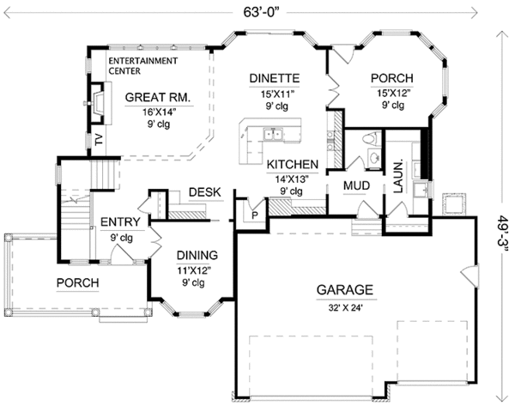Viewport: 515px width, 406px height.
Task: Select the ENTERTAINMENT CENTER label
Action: [x=142, y=66]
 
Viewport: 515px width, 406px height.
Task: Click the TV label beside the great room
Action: [x=98, y=141]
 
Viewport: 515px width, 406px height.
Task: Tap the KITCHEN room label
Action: [x=293, y=164]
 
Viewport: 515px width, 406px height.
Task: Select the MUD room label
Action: [x=356, y=185]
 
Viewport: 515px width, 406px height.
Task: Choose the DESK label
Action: [x=205, y=192]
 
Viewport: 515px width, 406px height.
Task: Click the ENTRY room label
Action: [x=120, y=221]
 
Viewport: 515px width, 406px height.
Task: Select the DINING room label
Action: [x=197, y=255]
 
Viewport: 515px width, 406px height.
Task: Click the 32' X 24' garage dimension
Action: [x=347, y=306]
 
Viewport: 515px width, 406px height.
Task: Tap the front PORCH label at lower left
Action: [x=77, y=282]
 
